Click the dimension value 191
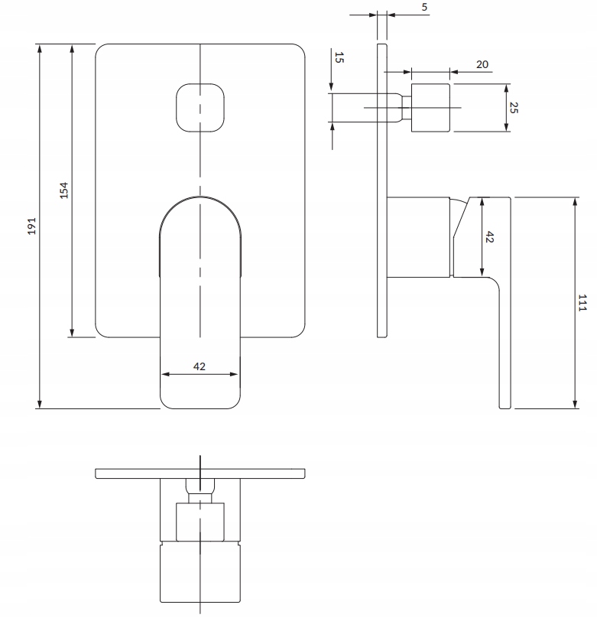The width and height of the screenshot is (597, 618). [31, 226]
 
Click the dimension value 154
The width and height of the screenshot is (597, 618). [63, 190]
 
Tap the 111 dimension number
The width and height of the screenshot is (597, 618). [582, 303]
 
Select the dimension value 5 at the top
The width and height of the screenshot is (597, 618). [424, 7]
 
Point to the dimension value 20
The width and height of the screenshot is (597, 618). [482, 64]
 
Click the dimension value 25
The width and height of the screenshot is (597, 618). [514, 108]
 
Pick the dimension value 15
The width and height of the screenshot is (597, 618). [339, 57]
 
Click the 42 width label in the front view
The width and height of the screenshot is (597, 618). [200, 366]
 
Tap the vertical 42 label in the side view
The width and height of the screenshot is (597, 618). [489, 237]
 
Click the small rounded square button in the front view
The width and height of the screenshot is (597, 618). [200, 108]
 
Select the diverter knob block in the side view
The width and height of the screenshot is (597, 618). [430, 108]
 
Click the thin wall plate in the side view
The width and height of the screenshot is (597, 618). [382, 190]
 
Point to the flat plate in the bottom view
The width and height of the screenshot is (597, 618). [200, 473]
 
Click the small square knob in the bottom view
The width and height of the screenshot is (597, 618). [200, 522]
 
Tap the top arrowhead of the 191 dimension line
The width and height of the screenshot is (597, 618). [40, 47]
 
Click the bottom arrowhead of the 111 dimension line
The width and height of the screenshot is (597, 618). [575, 405]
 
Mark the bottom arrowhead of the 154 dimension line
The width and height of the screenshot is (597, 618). [72, 333]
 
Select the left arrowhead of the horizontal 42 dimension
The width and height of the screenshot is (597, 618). [165, 374]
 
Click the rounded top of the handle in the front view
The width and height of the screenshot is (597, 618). [200, 197]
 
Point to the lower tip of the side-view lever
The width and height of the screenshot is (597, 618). [505, 408]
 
